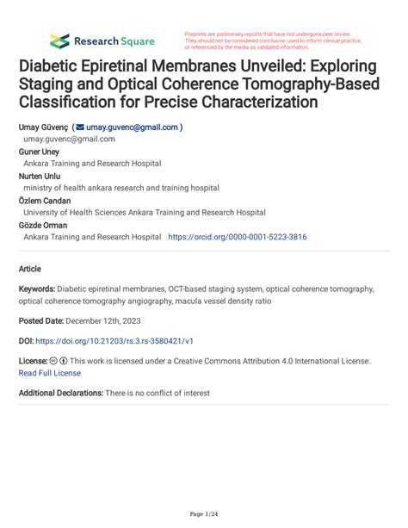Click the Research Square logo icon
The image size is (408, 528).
[59, 40]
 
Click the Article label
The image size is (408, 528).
[31, 268]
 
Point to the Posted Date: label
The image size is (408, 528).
[46, 320]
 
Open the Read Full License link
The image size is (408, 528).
[49, 373]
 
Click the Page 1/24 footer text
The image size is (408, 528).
[203, 514]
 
